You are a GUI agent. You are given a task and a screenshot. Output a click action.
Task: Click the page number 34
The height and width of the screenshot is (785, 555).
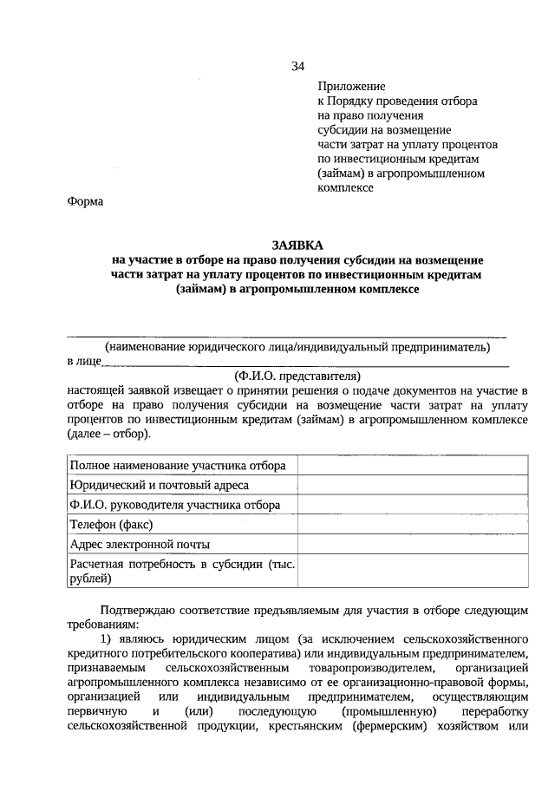tap(298, 67)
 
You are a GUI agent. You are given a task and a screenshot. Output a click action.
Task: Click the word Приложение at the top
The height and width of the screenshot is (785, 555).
tap(350, 87)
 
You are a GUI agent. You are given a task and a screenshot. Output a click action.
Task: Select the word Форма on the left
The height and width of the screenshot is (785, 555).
tap(84, 202)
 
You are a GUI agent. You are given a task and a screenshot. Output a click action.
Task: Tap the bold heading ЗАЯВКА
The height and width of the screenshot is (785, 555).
tap(297, 245)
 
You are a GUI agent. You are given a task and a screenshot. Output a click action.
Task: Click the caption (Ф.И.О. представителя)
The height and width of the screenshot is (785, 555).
tap(297, 376)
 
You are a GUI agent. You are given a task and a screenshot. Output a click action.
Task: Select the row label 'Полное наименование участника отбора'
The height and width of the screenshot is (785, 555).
tap(179, 466)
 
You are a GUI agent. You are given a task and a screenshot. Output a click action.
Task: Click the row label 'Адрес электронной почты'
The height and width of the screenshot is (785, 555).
tap(140, 545)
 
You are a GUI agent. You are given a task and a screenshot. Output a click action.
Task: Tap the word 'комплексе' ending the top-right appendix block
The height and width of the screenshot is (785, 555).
tap(345, 187)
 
